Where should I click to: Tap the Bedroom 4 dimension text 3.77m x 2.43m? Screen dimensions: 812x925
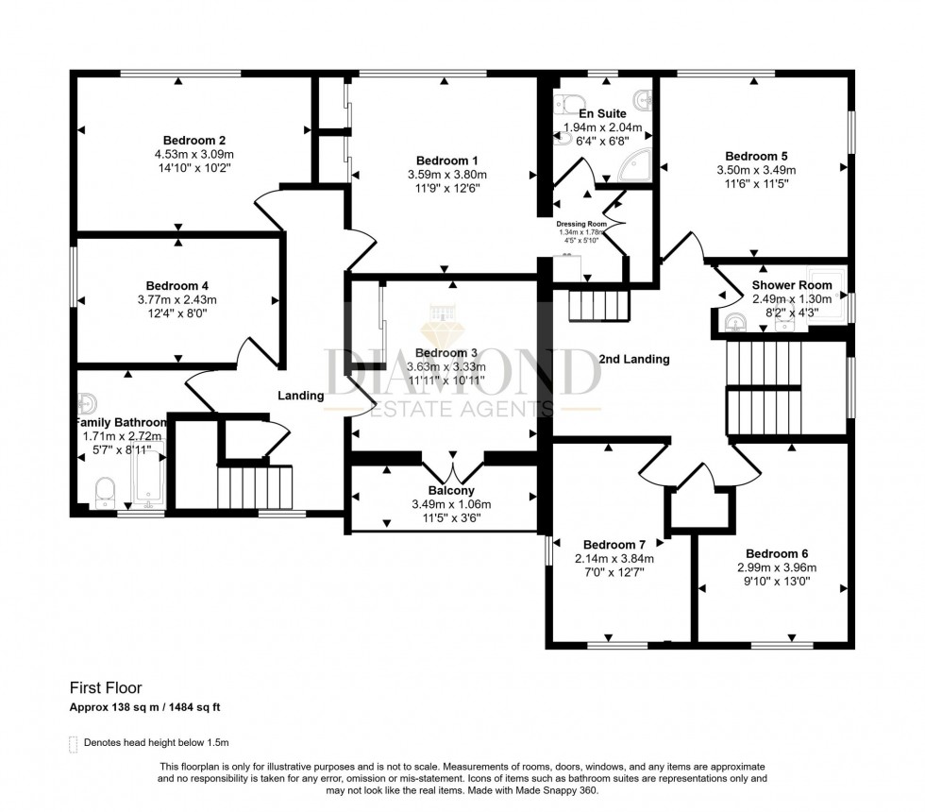(177, 299)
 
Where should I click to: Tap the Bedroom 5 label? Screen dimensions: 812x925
(756, 156)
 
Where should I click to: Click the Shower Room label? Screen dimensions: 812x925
(792, 284)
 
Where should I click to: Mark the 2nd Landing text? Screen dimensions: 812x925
(633, 359)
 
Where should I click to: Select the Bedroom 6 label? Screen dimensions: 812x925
(777, 553)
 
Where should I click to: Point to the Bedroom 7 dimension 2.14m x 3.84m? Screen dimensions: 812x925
(614, 558)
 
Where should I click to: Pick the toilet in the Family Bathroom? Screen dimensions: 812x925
(106, 490)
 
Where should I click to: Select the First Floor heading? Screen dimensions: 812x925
(105, 688)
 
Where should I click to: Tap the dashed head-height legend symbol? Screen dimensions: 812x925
(73, 743)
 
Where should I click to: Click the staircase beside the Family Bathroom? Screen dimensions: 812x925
(256, 487)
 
